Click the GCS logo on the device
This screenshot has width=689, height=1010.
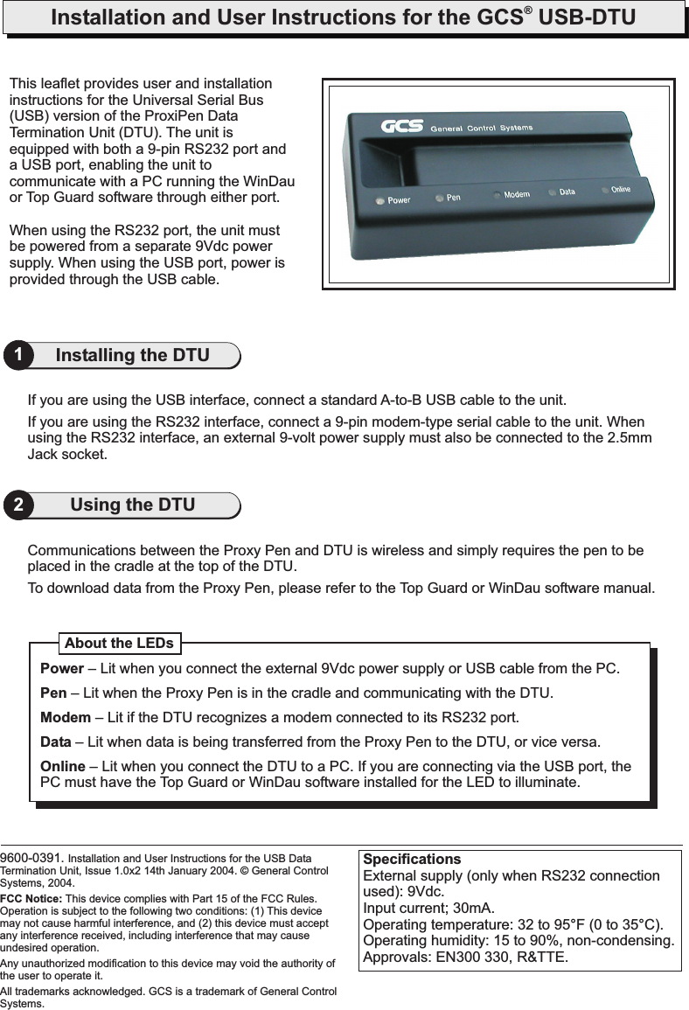(x=401, y=127)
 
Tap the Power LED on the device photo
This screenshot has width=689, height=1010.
(x=379, y=201)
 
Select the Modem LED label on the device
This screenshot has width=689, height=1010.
(x=516, y=194)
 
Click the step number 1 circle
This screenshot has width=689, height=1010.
(x=18, y=356)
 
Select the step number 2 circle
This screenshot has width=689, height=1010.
(x=18, y=505)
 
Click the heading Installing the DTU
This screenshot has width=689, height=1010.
(x=132, y=355)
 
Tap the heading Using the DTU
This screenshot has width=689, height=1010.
(x=132, y=505)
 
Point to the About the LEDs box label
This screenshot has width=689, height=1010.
(x=119, y=644)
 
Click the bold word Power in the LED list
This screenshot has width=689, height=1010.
(x=62, y=670)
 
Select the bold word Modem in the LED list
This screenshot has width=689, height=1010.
(x=66, y=718)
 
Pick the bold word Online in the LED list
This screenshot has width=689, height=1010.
(x=63, y=767)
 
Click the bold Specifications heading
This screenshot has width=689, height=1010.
(x=412, y=859)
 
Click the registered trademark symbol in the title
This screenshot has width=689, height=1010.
(x=529, y=11)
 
